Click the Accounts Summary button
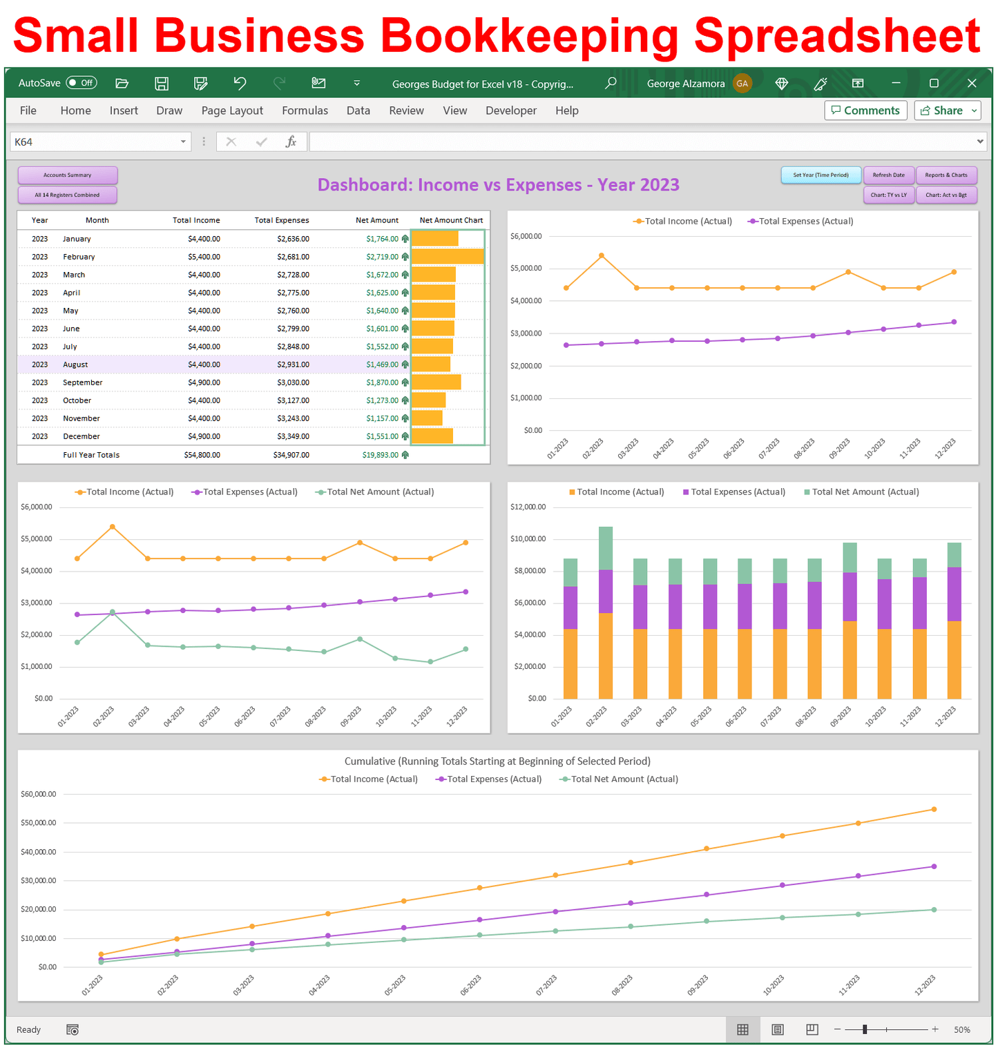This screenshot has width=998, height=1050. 67,175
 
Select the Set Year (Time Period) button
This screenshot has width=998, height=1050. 821,175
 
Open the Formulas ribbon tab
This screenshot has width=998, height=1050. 305,110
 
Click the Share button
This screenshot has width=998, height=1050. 946,110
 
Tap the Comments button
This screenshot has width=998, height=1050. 865,110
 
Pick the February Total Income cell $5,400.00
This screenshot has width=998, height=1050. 204,257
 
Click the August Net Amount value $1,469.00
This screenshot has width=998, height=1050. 382,364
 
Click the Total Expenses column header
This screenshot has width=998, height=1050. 281,220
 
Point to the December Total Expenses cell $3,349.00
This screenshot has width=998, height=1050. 293,436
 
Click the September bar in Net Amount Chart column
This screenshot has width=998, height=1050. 436,382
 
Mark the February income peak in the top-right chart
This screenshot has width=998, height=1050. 602,255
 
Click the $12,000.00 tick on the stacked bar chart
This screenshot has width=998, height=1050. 528,507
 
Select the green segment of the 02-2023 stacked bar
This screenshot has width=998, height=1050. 606,547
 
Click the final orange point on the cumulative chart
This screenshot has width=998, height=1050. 934,809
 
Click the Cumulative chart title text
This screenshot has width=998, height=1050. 497,761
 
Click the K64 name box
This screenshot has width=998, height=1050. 97,142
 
